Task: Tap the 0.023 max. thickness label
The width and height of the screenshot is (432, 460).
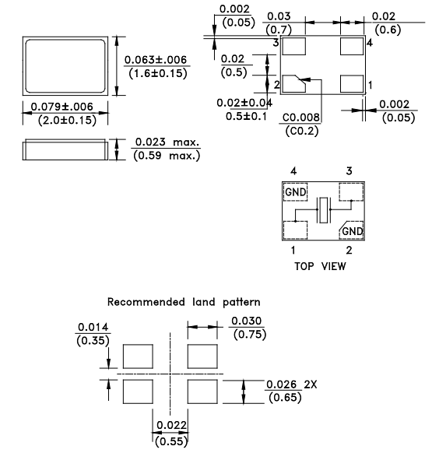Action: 167,142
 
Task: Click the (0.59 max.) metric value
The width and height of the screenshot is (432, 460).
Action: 167,156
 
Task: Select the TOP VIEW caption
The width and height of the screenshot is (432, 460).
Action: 320,266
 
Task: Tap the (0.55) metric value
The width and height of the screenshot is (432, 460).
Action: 170,441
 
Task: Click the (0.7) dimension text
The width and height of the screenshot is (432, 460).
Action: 279,30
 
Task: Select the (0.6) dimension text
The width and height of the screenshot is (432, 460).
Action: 389,30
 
